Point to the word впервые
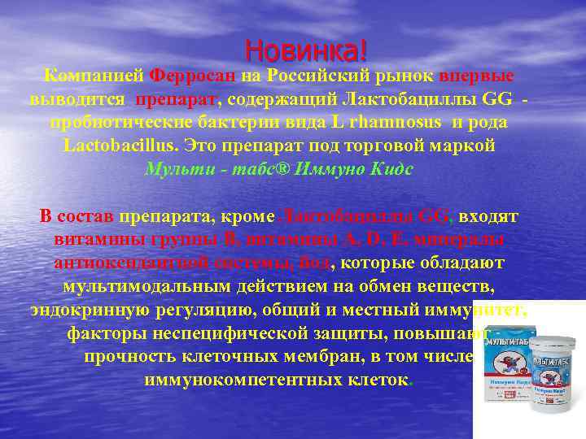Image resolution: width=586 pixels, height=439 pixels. coord(478,76)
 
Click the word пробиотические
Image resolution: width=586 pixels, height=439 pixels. coord(117,123)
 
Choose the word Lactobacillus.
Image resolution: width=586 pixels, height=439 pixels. coord(120,146)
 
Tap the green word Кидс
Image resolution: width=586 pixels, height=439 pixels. coord(389,170)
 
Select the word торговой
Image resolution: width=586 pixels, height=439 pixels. coord(394,146)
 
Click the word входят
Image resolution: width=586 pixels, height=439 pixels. coord(488,217)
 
